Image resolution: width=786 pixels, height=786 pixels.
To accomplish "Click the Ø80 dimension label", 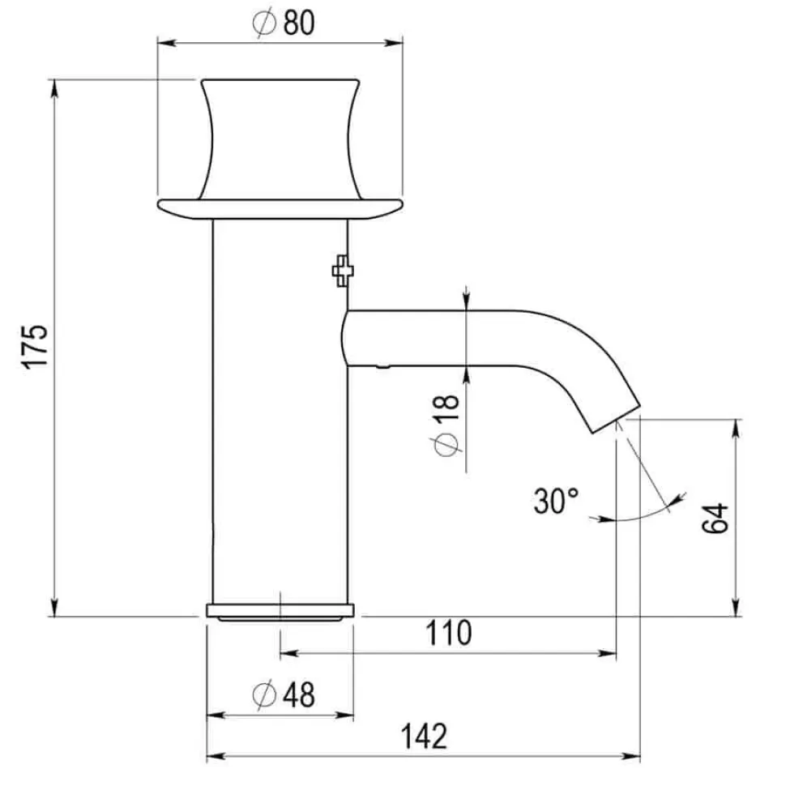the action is tap(284, 23).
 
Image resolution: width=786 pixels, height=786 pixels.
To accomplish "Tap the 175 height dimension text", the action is tap(35, 347).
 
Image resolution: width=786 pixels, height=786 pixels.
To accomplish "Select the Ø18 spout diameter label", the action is tap(446, 425).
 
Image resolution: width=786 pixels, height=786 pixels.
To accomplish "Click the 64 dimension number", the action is tap(715, 519).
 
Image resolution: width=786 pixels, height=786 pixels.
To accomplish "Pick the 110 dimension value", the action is tap(449, 633).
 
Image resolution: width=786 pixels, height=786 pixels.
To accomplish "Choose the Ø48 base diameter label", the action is tap(284, 694).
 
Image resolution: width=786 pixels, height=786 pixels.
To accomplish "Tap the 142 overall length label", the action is tap(424, 737).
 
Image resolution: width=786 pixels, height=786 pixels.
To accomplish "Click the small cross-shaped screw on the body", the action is tap(343, 271).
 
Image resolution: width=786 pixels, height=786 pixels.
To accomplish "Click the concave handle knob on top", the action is tap(280, 139).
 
